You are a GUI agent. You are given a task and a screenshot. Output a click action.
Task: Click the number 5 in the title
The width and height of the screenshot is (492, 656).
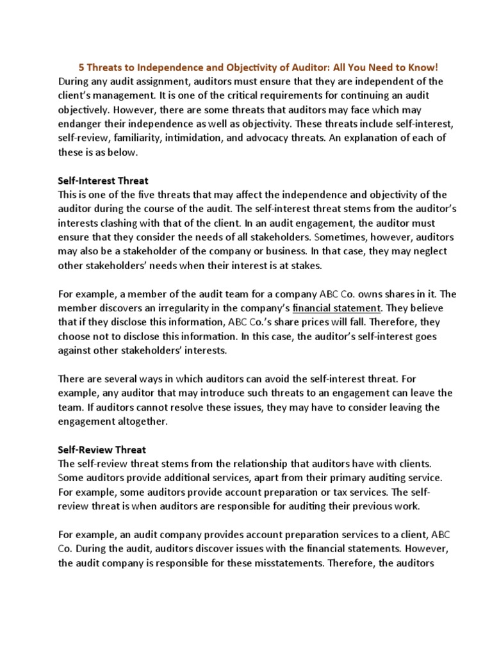coord(81,67)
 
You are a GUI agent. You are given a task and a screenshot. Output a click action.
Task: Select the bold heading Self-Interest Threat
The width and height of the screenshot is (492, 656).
coord(103,181)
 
